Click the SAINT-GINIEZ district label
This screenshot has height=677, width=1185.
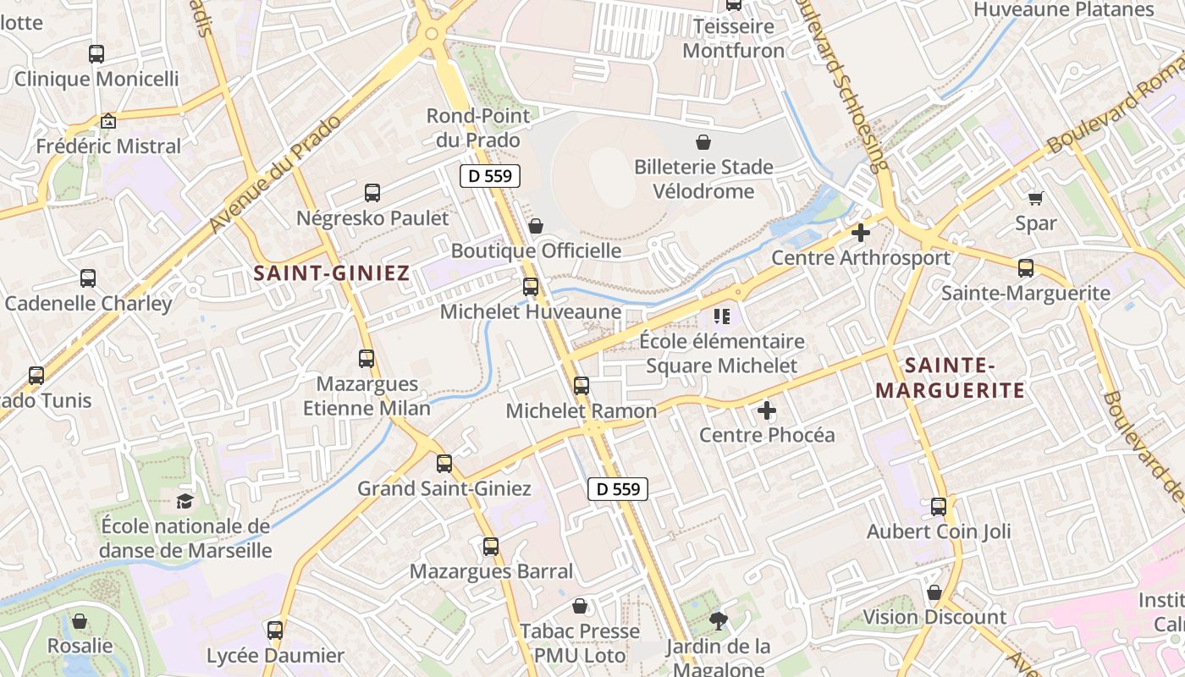pyautogui.click(x=332, y=273)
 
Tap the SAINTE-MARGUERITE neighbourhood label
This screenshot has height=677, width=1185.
pyautogui.click(x=950, y=378)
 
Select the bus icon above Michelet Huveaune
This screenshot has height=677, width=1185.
pyautogui.click(x=531, y=287)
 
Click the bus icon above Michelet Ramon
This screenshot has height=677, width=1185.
pyautogui.click(x=581, y=386)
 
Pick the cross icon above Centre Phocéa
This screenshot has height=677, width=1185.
pyautogui.click(x=767, y=411)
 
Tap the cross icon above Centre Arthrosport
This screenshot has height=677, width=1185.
pyautogui.click(x=861, y=233)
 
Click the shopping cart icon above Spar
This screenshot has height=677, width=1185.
pyautogui.click(x=1035, y=198)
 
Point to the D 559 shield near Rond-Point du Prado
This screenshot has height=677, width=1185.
pyautogui.click(x=490, y=177)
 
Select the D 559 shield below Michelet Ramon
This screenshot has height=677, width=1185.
pyautogui.click(x=618, y=488)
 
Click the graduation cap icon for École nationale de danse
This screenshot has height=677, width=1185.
pyautogui.click(x=185, y=501)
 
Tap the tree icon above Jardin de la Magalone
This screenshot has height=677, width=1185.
pyautogui.click(x=719, y=622)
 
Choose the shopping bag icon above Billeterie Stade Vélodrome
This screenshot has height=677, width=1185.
pyautogui.click(x=703, y=142)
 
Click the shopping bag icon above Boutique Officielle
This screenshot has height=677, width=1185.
pyautogui.click(x=536, y=226)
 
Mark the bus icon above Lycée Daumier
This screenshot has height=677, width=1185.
pyautogui.click(x=275, y=630)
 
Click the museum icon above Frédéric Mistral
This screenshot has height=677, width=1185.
pyautogui.click(x=107, y=121)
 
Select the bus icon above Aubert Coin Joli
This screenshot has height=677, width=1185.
pyautogui.click(x=939, y=507)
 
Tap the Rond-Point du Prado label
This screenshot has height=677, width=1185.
pyautogui.click(x=477, y=128)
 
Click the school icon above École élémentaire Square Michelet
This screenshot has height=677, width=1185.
pyautogui.click(x=721, y=317)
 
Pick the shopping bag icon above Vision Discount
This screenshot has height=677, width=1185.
pyautogui.click(x=934, y=592)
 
